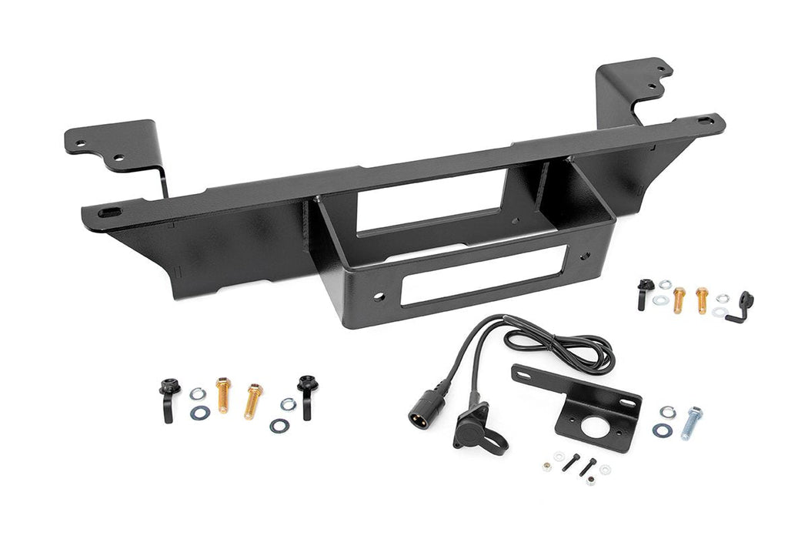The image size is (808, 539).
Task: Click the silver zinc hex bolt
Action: tap(691, 423)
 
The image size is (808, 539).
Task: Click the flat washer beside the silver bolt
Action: tap(662, 430)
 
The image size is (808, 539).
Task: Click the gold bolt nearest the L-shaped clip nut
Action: tap(702, 299)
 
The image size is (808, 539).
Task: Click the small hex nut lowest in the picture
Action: tap(590, 480)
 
